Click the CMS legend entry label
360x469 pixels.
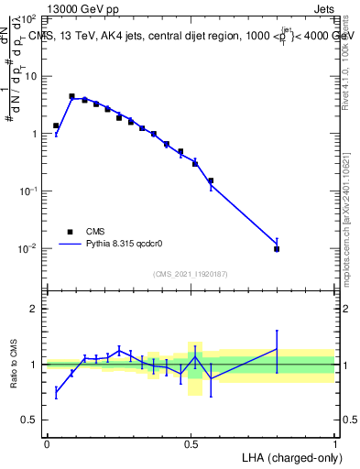pos(94,232)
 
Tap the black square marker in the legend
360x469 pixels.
pos(69,232)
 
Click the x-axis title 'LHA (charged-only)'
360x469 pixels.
pos(286,455)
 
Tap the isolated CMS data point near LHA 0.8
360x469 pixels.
pos(277,248)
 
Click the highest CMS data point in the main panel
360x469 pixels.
pos(71,96)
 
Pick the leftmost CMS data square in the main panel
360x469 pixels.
pos(56,125)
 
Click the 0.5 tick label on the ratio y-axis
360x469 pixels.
pos(31,420)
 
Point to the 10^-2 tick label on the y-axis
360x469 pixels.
pos(27,249)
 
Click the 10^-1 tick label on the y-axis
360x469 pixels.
pos(27,191)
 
